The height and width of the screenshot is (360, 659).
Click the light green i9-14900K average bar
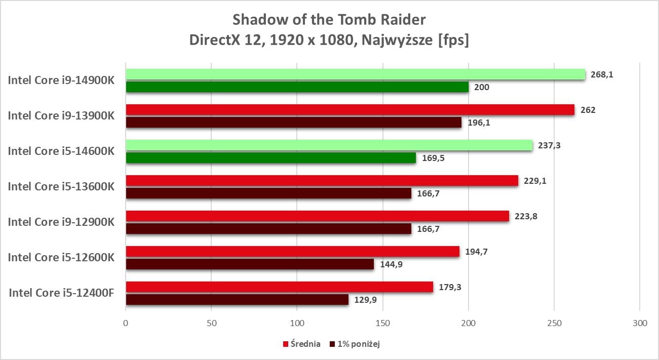[x=355, y=74]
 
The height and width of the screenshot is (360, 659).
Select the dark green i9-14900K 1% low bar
[x=297, y=87]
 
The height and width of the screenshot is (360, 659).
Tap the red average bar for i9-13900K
[x=350, y=110]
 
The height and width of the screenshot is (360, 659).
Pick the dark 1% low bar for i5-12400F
[x=237, y=300]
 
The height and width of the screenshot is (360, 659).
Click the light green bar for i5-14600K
[x=329, y=145]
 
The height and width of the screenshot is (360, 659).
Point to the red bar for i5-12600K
[x=292, y=252]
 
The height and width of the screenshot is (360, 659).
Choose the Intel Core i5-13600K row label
[x=61, y=186]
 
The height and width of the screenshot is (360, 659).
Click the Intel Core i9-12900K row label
[x=61, y=222]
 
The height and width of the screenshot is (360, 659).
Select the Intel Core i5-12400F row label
[x=61, y=293]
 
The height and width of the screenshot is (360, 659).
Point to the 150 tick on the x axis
[x=383, y=323]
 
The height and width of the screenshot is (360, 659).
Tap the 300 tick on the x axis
[x=640, y=323]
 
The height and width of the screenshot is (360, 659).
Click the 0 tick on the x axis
[x=126, y=323]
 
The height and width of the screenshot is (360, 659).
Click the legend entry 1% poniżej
[x=359, y=344]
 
